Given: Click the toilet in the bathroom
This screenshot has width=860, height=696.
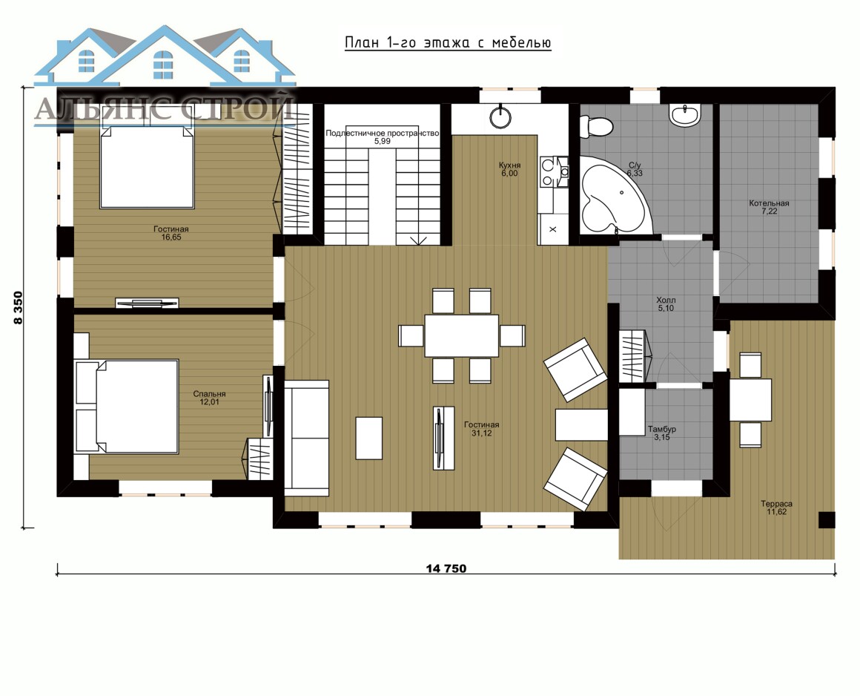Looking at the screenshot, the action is [x=595, y=125].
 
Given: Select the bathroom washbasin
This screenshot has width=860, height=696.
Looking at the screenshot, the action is [x=684, y=115].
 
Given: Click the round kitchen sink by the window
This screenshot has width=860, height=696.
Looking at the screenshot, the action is [x=500, y=116].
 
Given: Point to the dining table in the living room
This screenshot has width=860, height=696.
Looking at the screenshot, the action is [x=461, y=335].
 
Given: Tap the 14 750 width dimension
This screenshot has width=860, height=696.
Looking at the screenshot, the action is [x=446, y=568].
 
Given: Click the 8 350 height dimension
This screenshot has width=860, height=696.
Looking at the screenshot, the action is [x=19, y=307].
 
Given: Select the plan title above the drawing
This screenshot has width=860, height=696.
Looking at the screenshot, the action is [x=448, y=43].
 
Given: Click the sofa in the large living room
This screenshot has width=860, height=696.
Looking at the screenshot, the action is [x=306, y=438].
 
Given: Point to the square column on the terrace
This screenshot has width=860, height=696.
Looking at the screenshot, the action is [x=827, y=520].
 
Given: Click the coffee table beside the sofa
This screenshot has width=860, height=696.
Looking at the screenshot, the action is [x=368, y=438].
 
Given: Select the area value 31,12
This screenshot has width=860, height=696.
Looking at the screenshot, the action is [x=482, y=433].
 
